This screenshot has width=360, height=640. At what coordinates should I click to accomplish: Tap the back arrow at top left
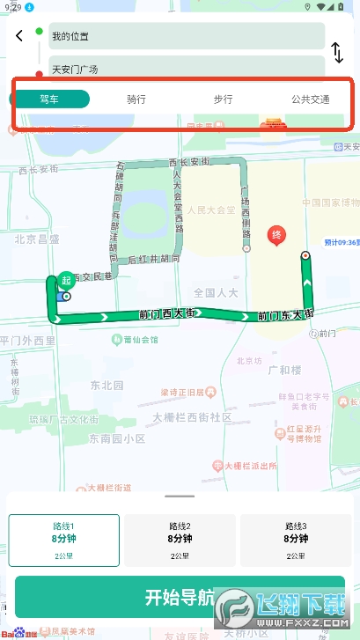[19, 36]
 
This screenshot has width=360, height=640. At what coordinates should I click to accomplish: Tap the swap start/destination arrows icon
[337, 53]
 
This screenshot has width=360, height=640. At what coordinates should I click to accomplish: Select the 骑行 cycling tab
[136, 99]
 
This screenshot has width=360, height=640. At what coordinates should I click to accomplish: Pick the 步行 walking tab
[223, 99]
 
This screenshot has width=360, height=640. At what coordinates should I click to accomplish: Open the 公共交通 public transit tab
[310, 99]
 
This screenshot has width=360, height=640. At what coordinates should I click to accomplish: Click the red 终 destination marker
[276, 236]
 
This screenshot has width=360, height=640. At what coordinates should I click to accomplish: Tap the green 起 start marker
[65, 281]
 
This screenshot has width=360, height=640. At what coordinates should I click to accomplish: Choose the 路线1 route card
[64, 540]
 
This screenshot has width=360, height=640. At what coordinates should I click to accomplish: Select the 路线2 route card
[180, 540]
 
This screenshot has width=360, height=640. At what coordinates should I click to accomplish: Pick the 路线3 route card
[295, 540]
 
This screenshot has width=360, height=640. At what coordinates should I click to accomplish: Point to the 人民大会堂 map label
[212, 211]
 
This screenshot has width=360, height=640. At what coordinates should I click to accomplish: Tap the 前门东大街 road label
[285, 313]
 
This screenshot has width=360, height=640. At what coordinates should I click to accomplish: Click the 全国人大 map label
[216, 292]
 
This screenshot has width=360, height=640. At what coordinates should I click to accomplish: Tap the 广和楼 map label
[285, 346]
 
